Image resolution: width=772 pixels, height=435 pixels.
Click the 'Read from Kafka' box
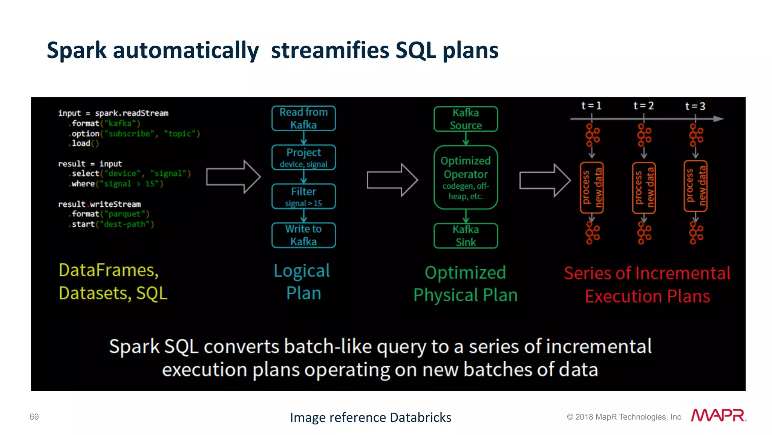(x=303, y=118)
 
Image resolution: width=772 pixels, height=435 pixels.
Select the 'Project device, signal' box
(x=303, y=157)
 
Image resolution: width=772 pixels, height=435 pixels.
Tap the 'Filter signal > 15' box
(x=303, y=197)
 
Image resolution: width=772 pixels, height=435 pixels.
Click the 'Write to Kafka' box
(x=303, y=235)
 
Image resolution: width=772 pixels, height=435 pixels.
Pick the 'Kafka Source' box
(x=466, y=119)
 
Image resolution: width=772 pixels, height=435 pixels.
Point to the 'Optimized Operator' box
(x=466, y=177)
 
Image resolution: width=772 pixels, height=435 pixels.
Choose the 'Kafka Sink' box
(x=466, y=236)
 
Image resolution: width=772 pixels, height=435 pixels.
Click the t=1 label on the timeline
(x=591, y=106)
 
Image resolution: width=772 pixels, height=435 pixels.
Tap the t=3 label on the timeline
(x=695, y=106)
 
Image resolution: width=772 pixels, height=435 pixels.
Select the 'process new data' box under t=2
(x=644, y=188)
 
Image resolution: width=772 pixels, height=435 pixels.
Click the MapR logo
(x=718, y=415)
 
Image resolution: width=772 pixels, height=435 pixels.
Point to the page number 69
(x=34, y=417)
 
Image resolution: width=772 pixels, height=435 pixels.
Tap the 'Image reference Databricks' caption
(x=371, y=417)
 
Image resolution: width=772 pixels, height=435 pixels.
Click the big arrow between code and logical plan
(x=233, y=177)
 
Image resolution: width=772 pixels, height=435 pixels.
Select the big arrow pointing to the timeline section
(x=545, y=180)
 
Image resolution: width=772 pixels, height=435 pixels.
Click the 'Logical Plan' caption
(x=303, y=281)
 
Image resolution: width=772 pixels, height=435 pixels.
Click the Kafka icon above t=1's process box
(x=592, y=135)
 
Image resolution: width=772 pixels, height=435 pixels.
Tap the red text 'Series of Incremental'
(x=647, y=273)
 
